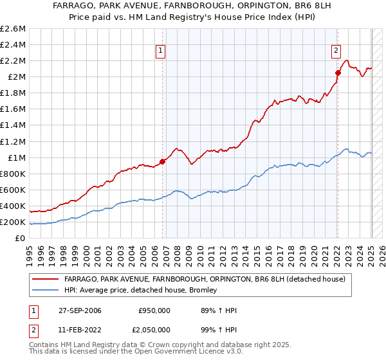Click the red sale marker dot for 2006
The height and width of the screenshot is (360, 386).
[x=162, y=161]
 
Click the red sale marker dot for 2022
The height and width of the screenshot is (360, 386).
[x=338, y=73]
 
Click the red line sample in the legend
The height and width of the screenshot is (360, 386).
[x=46, y=279]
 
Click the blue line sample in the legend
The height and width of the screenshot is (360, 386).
[x=46, y=290]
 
